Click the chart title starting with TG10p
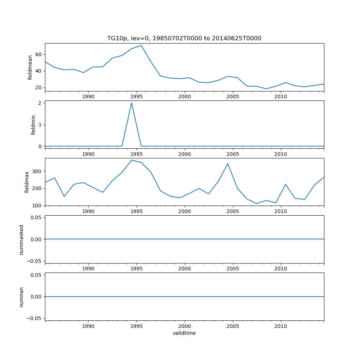point(184,38)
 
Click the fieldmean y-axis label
point(30,67)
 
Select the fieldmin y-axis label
point(33,125)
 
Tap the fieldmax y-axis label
point(27,182)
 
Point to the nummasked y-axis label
point(22,239)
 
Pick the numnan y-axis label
point(22,297)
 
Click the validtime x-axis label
point(184,333)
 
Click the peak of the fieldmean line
point(141,45)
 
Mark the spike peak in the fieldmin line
point(131,103)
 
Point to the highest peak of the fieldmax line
point(131,160)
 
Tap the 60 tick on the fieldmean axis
point(38,54)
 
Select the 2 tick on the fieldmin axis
point(40,103)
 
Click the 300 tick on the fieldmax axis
point(37,171)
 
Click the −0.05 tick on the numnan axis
point(34,318)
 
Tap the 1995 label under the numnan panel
point(136,326)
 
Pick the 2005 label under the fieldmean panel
point(233,97)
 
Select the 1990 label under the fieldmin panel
point(88,154)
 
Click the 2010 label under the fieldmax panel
point(280,211)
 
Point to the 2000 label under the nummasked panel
point(184,269)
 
